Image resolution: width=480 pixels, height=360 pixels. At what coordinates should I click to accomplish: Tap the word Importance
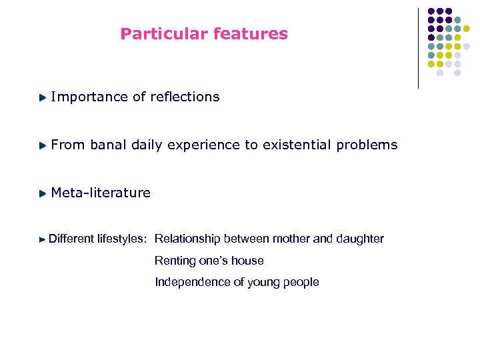[89, 97]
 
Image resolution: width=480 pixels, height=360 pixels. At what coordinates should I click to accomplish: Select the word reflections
[185, 97]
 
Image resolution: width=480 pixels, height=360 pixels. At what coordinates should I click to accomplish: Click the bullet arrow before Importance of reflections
[43, 97]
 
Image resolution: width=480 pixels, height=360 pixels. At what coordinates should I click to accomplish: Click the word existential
[293, 145]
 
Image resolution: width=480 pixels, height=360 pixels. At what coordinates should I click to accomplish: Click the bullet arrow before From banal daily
[43, 145]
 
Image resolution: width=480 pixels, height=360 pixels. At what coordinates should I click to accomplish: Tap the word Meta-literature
[101, 193]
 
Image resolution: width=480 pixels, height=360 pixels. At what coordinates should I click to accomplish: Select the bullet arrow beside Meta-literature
[43, 193]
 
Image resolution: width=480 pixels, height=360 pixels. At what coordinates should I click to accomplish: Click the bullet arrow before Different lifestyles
[43, 239]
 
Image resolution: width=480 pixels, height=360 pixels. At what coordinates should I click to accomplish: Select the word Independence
[193, 282]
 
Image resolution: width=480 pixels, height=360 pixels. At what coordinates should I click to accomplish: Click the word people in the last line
[301, 283]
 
